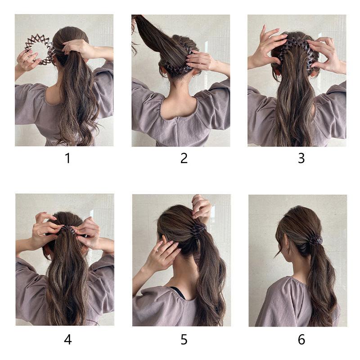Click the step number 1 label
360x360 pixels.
67,158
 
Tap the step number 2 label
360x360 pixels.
184,158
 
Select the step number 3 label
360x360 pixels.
301,158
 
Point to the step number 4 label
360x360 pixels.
67,339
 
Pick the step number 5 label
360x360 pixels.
184,339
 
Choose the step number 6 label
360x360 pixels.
301,339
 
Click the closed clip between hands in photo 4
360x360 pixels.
67,230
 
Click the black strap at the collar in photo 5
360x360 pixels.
178,292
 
